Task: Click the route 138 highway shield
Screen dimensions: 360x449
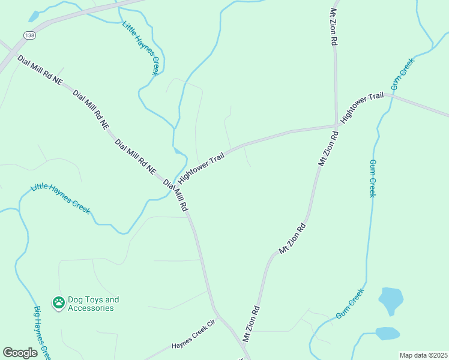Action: [x=29, y=36]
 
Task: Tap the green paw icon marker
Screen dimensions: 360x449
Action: [x=58, y=304]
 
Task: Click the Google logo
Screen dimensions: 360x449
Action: [x=20, y=352]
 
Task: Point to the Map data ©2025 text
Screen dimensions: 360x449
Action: [x=423, y=355]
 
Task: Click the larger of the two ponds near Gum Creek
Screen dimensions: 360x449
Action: [x=391, y=299]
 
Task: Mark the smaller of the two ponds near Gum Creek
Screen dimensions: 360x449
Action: [x=387, y=333]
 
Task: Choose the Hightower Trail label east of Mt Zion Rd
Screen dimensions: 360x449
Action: [x=362, y=108]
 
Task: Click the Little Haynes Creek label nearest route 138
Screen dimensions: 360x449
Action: [x=140, y=48]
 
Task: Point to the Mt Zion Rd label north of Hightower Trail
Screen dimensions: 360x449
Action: [x=333, y=27]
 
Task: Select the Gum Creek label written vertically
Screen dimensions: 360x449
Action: [x=372, y=178]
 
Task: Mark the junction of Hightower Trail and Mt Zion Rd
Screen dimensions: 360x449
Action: [x=336, y=126]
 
